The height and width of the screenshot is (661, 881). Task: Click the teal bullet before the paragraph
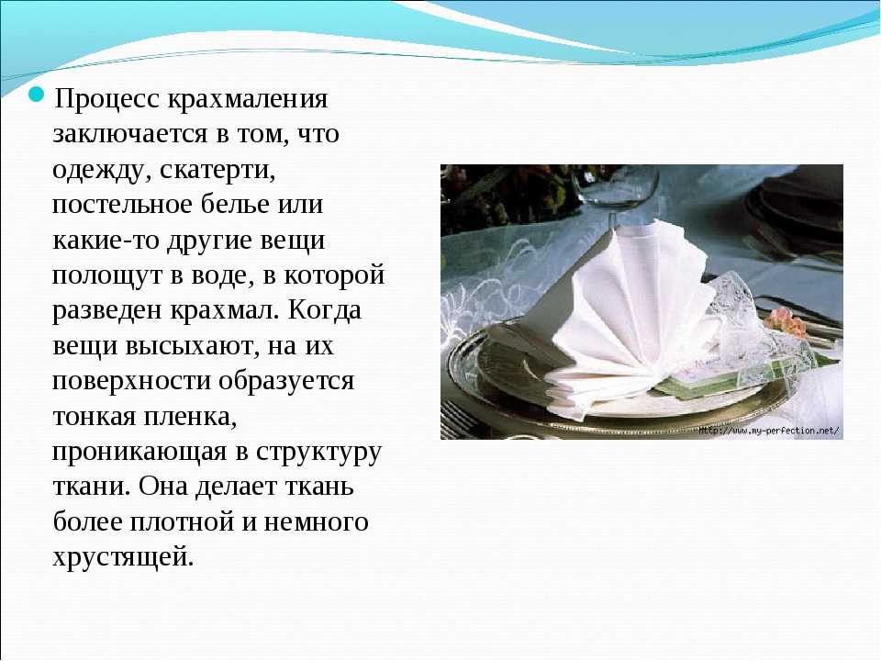click(x=37, y=95)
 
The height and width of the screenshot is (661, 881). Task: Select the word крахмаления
click(x=247, y=99)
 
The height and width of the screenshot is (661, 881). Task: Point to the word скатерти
click(x=218, y=171)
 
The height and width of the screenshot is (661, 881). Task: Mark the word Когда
click(x=325, y=310)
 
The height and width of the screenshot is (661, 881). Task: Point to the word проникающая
click(x=139, y=453)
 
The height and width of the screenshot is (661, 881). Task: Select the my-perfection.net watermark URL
click(x=769, y=431)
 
